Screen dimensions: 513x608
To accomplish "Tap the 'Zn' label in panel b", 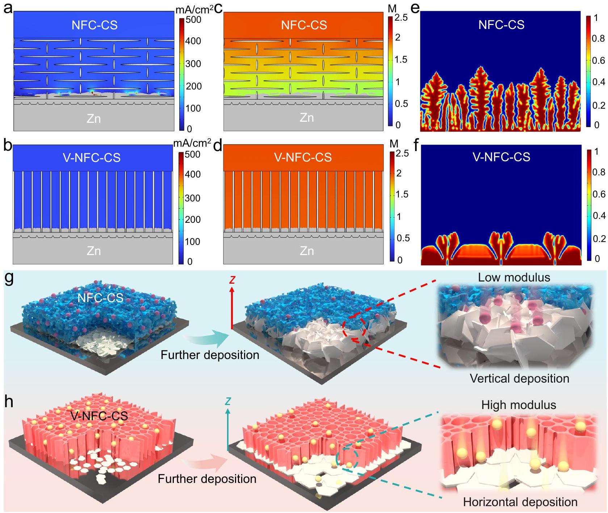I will (x=93, y=251).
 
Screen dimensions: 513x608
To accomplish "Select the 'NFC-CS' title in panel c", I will (x=304, y=25).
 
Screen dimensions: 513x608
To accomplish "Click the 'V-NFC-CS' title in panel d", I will (x=303, y=157).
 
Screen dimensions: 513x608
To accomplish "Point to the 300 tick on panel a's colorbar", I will (x=193, y=64).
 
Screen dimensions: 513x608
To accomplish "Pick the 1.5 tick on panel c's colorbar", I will (x=400, y=59).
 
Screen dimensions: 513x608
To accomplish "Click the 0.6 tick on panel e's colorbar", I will (x=598, y=61).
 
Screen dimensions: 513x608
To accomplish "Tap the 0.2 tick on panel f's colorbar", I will (x=598, y=239).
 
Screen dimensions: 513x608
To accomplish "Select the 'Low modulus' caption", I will (x=514, y=278).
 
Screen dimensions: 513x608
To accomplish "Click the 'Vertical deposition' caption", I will (x=519, y=379).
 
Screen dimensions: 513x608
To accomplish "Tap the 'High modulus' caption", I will (x=519, y=405).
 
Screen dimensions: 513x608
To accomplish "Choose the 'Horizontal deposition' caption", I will (x=520, y=502).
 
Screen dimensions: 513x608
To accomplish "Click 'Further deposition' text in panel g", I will (x=210, y=355).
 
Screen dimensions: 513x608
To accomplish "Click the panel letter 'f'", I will (x=416, y=147).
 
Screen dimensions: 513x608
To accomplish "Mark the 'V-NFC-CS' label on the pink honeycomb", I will (x=99, y=416).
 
